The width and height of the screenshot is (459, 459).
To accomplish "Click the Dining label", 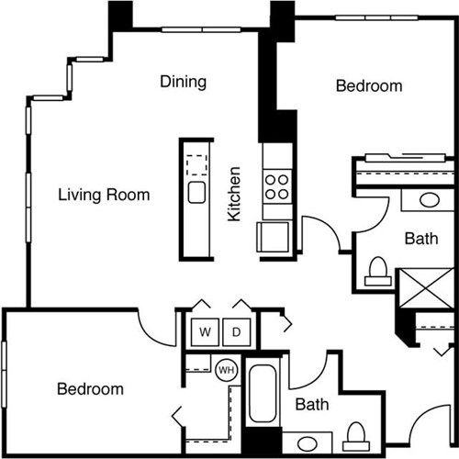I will point(183,82).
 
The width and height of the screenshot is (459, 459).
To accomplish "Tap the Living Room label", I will point(104,195).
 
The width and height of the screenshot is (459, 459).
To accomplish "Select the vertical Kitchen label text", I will point(235,194).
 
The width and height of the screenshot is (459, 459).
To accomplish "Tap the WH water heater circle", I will point(225,371).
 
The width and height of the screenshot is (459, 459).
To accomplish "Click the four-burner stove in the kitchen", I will point(275,187).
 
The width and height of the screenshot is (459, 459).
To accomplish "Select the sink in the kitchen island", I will point(196,193).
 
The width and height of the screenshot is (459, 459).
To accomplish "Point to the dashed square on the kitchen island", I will point(196,166).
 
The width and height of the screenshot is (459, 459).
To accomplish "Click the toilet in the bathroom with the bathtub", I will point(357,432).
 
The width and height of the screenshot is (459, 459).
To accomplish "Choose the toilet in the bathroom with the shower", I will point(375,269).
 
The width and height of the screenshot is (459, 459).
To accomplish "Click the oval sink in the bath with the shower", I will point(429,200).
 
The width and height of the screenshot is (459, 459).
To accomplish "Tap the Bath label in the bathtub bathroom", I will point(312,404).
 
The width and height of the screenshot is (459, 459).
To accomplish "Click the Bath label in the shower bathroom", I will point(421,239).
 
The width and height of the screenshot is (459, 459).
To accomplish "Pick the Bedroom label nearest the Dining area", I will point(369,86).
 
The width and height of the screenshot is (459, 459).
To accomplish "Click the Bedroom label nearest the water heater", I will point(90,389).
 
